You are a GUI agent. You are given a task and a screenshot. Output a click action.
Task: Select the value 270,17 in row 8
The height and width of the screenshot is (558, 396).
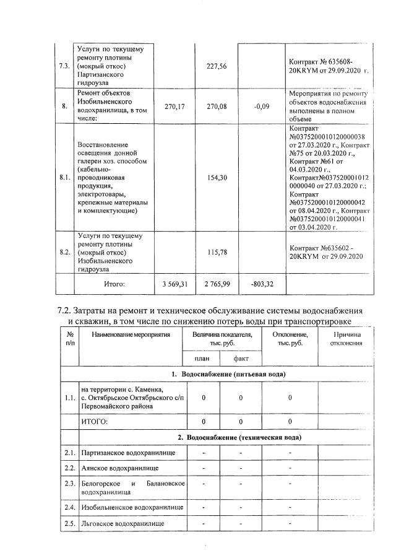[174, 106]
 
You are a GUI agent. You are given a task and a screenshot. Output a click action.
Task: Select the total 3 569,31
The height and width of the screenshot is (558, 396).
[174, 284]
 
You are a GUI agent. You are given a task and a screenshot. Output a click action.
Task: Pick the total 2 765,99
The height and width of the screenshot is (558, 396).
[217, 284]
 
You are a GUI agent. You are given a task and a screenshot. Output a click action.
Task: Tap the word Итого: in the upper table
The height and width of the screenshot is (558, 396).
[114, 284]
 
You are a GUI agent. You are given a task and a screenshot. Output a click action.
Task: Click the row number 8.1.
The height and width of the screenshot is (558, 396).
[64, 177]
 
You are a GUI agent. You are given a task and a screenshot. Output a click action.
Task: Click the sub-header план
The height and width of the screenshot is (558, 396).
[202, 359]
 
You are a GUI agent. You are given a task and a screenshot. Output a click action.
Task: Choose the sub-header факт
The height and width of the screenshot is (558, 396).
[241, 359]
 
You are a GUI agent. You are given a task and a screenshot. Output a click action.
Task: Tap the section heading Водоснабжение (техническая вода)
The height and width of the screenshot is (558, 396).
[239, 438]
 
